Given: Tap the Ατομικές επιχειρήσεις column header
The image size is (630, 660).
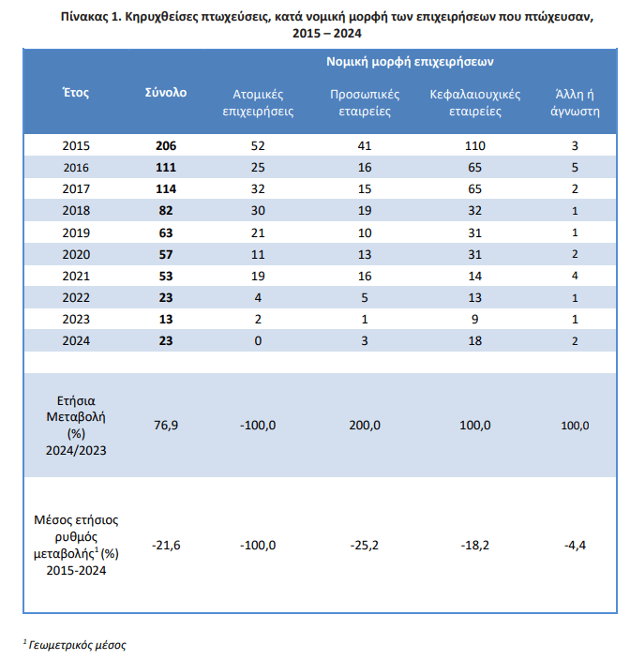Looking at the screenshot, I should point(259,102).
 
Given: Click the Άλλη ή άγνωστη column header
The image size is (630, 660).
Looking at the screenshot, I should point(575,102).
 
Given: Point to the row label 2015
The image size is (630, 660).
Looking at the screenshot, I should point(76,146).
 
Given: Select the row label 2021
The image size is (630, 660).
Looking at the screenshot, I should point(76,276).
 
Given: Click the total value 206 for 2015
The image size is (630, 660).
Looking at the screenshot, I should point(166,146).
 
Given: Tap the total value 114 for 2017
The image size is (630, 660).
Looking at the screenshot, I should point(166,189).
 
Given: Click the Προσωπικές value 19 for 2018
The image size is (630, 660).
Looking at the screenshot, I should point(366,211).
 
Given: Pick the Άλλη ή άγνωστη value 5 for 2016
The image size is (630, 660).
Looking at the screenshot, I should point(575,168).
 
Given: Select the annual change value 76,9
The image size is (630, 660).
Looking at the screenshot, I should point(166,426).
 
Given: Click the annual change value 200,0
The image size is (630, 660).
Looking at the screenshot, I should point(366,426).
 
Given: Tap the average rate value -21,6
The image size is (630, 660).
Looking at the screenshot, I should point(166,545).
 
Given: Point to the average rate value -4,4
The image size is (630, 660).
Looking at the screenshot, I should point(575,545).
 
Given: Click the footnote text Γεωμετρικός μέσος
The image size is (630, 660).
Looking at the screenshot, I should point(77,644).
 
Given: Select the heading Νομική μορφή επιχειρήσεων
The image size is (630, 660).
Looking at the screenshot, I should point(411,61).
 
